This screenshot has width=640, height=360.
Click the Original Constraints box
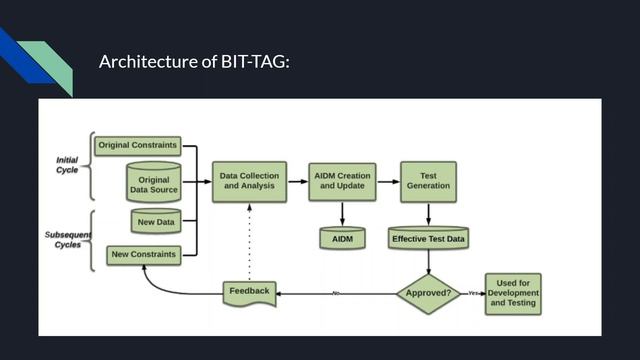coord(137,145)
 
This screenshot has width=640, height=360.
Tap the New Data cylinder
coord(155,221)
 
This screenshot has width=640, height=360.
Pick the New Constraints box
coord(143,255)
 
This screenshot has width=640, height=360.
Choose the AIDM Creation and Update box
coord(340,181)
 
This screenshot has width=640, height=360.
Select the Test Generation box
coord(428,181)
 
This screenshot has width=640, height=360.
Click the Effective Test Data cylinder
coord(428,239)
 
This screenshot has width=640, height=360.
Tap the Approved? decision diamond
coord(428,293)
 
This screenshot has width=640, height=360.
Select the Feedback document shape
coord(248,292)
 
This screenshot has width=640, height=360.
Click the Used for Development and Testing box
coord(514,293)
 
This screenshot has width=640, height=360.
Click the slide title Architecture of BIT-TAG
coord(194,62)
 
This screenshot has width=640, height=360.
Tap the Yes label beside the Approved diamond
coord(473,293)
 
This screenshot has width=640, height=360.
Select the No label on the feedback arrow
coord(336,293)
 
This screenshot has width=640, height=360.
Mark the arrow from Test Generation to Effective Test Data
coord(428,214)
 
